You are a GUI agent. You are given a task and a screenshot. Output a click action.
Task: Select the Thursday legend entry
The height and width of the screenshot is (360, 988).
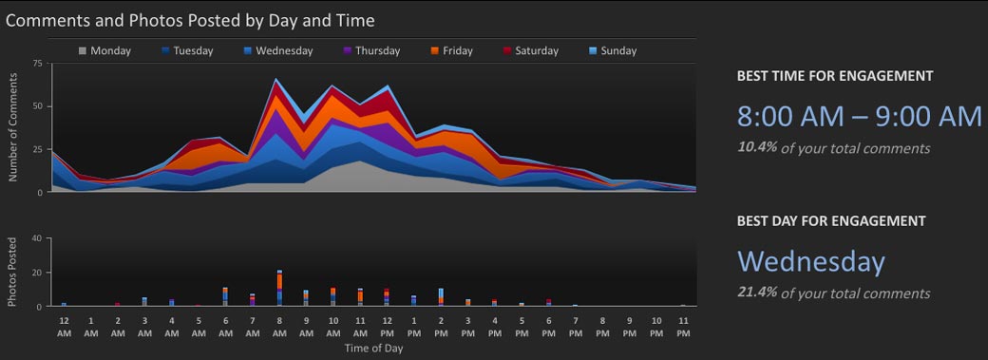point(370,51)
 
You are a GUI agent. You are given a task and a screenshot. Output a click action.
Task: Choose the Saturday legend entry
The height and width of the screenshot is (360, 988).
point(529,51)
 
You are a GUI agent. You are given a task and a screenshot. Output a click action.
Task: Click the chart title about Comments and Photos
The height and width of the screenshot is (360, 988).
point(190,19)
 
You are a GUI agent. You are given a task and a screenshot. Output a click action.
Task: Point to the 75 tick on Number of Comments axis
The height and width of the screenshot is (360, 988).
point(38,64)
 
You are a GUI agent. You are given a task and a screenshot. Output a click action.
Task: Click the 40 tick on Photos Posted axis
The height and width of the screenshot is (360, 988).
point(38,238)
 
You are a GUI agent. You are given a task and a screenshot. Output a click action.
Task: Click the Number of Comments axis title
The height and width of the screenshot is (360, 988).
point(13,128)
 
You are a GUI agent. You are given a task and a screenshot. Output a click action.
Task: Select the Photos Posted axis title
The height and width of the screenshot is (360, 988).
point(13,273)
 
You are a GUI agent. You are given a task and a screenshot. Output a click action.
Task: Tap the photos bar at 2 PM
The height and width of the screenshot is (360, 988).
point(441,296)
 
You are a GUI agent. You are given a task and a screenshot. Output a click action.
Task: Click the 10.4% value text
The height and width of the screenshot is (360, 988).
point(755,148)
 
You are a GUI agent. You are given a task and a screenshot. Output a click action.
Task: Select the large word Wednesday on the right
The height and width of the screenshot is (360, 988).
point(810,261)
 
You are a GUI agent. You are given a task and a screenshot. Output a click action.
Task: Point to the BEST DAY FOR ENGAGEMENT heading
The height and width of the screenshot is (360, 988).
point(830,220)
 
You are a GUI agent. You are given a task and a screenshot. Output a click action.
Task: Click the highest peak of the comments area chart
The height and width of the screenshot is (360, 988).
point(276,79)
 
